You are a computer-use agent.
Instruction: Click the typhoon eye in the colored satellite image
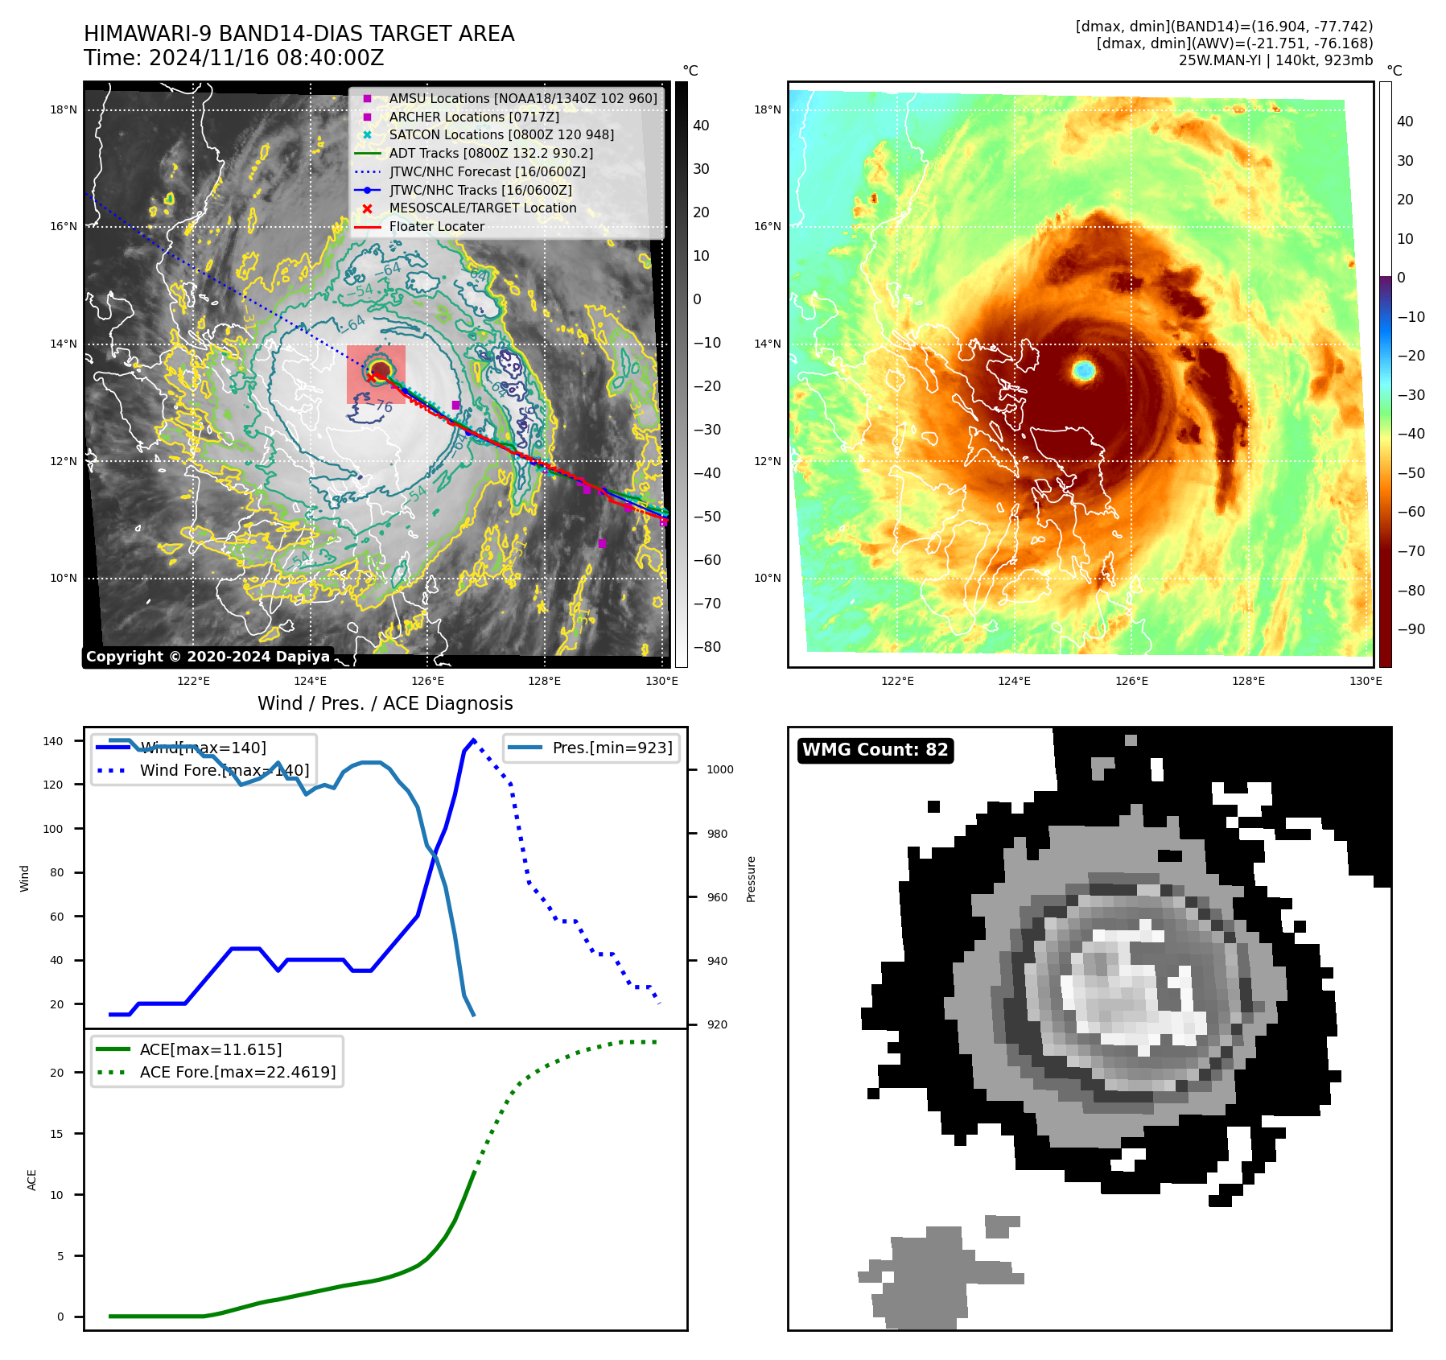[1084, 370]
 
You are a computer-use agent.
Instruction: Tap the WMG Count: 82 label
[875, 750]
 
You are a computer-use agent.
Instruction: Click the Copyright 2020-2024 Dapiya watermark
[208, 657]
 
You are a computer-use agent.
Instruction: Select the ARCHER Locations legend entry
[473, 117]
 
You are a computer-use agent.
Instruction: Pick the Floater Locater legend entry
[436, 227]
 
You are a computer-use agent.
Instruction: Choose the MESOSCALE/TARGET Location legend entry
[482, 208]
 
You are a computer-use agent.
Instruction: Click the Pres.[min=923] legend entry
[612, 748]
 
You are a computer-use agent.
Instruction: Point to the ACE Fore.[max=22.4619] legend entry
[237, 1072]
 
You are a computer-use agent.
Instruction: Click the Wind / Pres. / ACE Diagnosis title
[385, 703]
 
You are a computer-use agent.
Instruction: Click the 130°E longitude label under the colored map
[1366, 681]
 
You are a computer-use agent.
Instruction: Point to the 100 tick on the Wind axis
[53, 829]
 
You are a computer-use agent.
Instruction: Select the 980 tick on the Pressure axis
[717, 834]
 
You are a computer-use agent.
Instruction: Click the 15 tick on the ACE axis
[57, 1134]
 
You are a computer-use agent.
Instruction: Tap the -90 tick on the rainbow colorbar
[1411, 629]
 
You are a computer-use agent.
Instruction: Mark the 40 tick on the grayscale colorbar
[701, 126]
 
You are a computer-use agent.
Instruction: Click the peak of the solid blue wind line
[473, 740]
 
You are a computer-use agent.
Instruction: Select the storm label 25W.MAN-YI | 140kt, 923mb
[1275, 60]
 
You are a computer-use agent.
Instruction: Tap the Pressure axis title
[751, 879]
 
